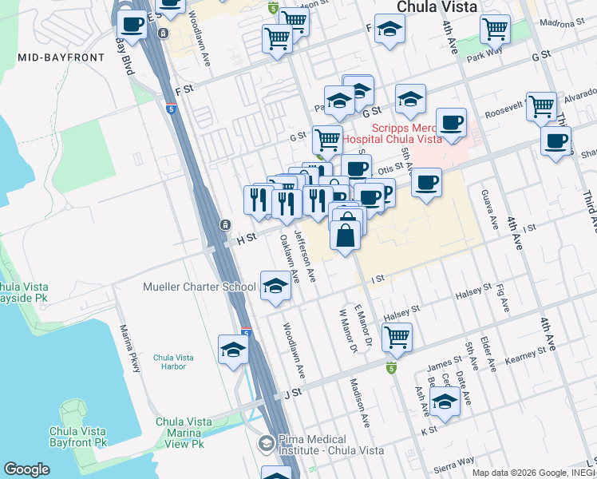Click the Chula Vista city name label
(x=437, y=6)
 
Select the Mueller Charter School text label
(x=200, y=287)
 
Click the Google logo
(x=26, y=469)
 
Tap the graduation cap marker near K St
(x=445, y=402)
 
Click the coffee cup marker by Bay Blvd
(x=131, y=24)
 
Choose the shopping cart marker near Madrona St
(x=495, y=28)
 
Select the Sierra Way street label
(x=455, y=464)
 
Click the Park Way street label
(x=482, y=57)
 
